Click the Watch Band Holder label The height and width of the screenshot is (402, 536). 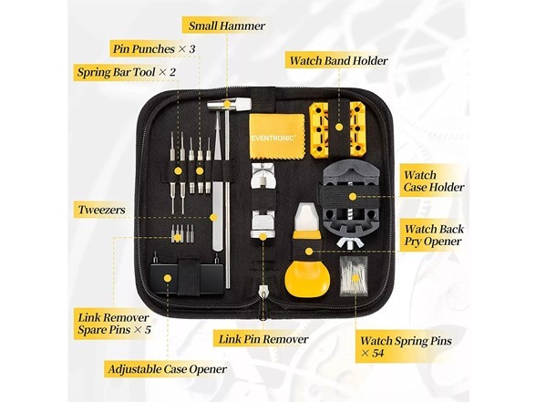tap(338, 61)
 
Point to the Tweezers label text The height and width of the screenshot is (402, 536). tap(101, 209)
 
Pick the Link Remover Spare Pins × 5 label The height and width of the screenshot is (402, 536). tap(115, 323)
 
